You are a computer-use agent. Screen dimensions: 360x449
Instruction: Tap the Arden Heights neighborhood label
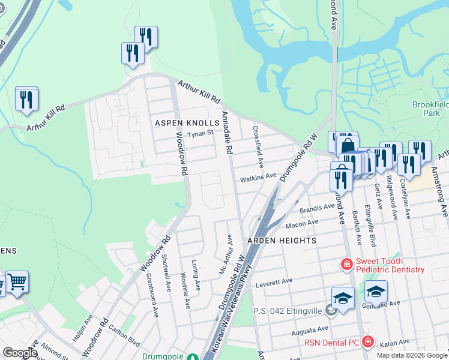[282, 241]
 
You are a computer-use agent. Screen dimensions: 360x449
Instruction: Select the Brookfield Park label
[430, 109]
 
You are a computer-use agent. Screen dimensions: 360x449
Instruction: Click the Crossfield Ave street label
[258, 146]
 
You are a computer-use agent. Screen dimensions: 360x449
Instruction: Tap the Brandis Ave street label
[316, 207]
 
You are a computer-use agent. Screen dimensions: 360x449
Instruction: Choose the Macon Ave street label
[301, 223]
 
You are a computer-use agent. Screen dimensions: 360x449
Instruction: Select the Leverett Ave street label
[273, 283]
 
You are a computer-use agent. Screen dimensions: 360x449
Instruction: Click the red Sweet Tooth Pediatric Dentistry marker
[346, 264]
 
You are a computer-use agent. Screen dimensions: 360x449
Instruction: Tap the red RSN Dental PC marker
[368, 342]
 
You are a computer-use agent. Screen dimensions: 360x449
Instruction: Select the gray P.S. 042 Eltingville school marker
[329, 310]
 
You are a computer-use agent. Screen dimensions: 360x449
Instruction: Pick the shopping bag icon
[347, 145]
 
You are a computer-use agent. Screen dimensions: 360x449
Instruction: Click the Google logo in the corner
[20, 353]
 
